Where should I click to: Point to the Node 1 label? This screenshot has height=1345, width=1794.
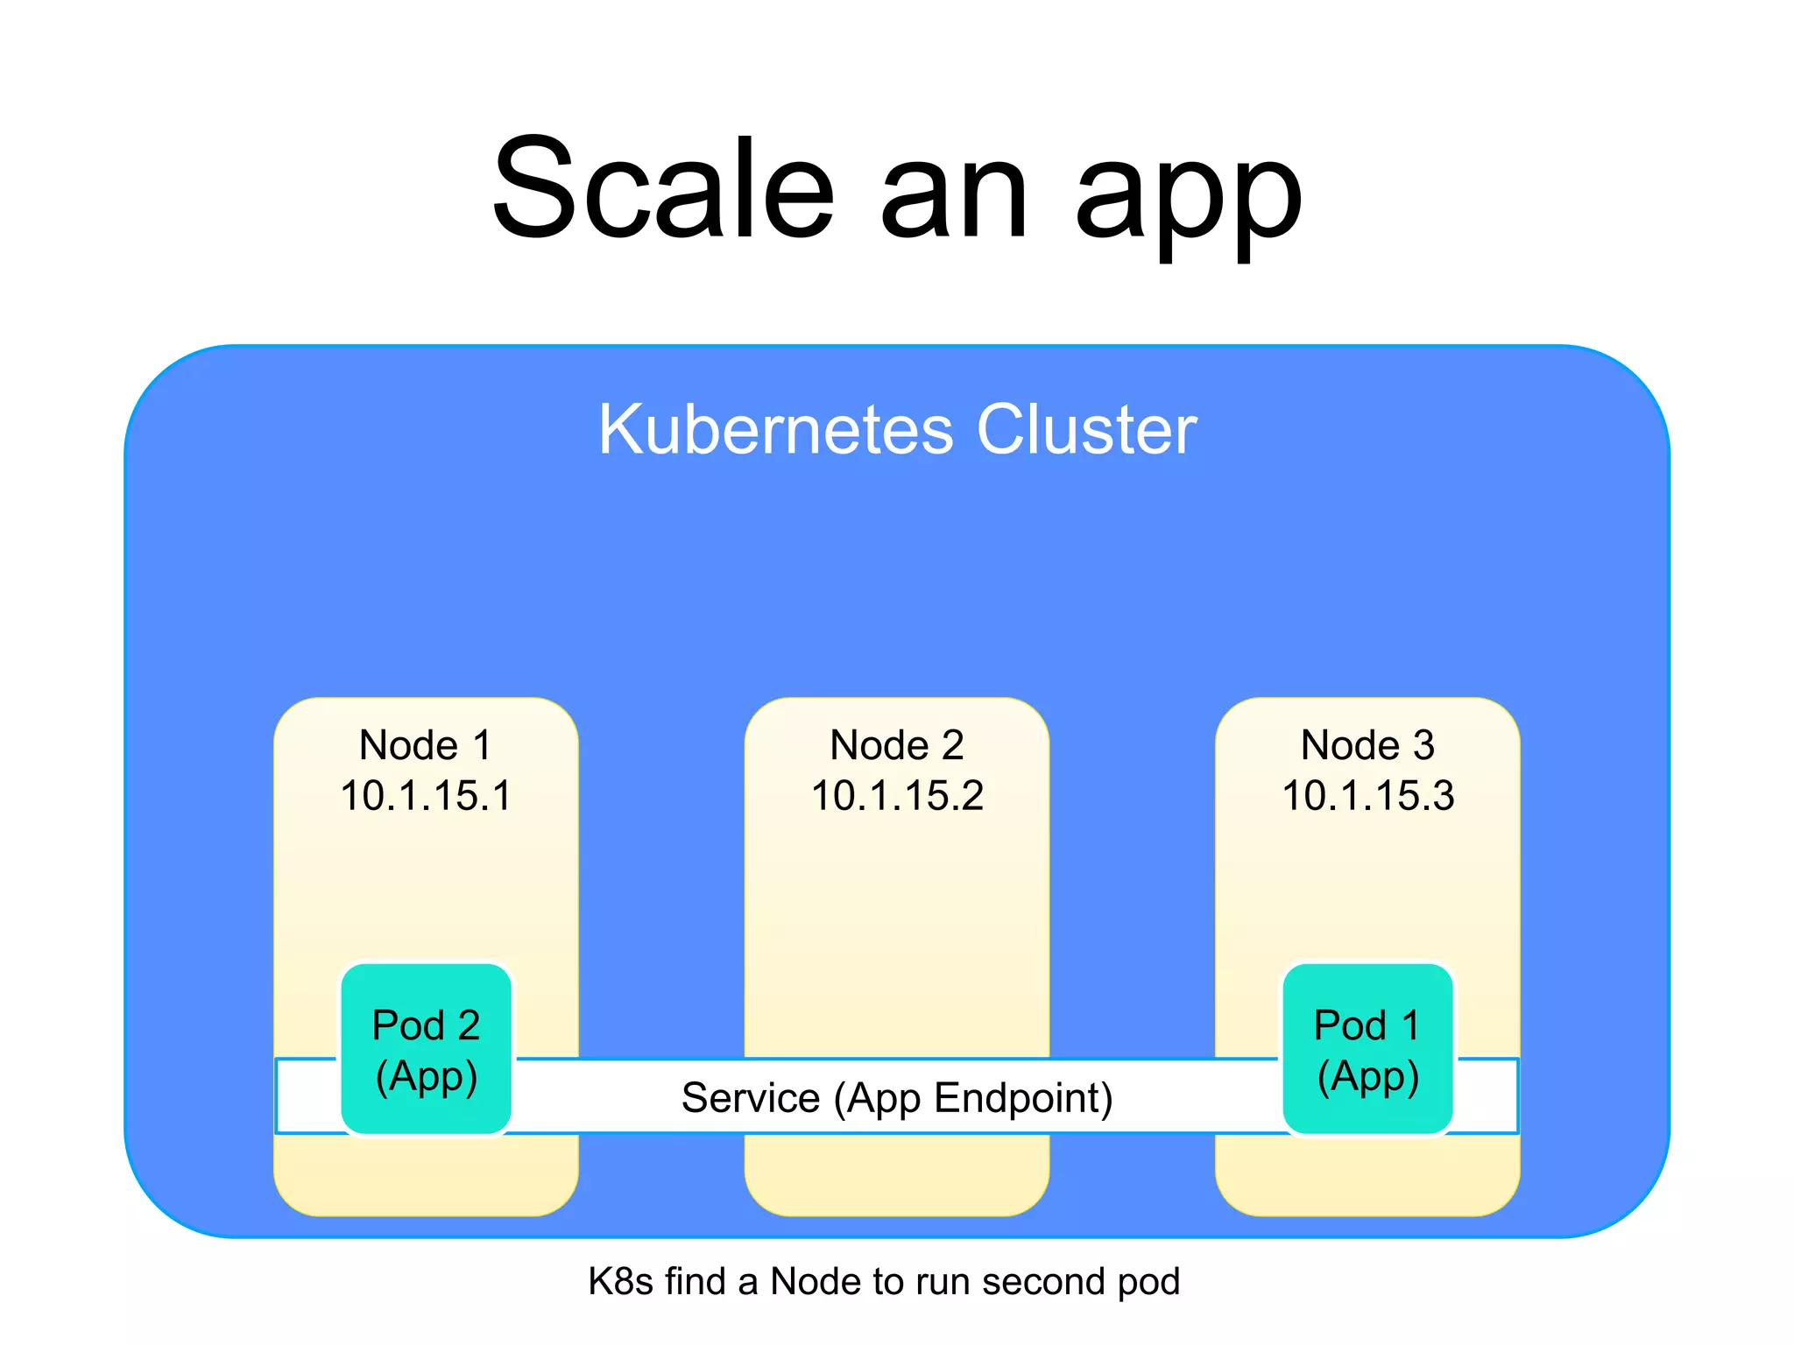coord(426,745)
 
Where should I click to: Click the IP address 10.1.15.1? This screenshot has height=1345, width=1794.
coord(426,796)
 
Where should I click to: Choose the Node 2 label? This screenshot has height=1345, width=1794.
coord(897,745)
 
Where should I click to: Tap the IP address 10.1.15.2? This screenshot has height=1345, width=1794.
coord(897,796)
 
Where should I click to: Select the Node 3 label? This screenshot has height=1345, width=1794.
coord(1367,745)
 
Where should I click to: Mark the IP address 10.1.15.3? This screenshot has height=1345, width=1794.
coord(1367,796)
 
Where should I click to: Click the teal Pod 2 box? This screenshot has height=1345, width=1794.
coord(426,1048)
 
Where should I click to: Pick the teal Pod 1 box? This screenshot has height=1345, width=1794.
coord(1367,1048)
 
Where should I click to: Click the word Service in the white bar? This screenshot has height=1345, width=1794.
coord(751,1097)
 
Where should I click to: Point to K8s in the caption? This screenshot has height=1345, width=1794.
coord(621,1281)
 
